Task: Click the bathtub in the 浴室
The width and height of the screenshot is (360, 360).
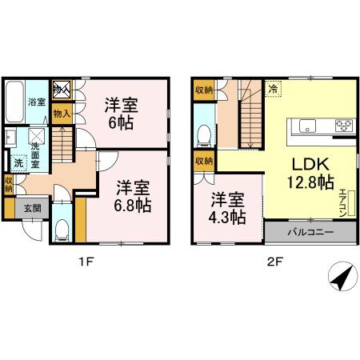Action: (x=14, y=102)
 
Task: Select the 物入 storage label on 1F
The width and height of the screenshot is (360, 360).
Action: (x=62, y=114)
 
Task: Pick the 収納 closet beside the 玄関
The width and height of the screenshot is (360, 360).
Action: (x=8, y=185)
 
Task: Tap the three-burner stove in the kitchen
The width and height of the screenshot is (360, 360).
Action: (x=345, y=125)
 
